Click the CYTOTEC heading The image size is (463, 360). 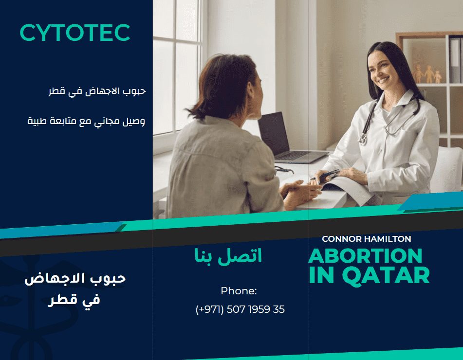tap(75, 33)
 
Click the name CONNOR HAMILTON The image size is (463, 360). tap(366, 239)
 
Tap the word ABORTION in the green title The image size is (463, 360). tap(365, 256)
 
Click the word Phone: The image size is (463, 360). tap(239, 291)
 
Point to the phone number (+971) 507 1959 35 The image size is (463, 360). tap(240, 309)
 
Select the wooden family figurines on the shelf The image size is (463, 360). tap(428, 74)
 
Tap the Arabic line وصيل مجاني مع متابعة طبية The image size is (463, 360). tap(87, 122)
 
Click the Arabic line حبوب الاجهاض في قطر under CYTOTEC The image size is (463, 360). tap(97, 91)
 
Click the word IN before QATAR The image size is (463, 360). tap(321, 275)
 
